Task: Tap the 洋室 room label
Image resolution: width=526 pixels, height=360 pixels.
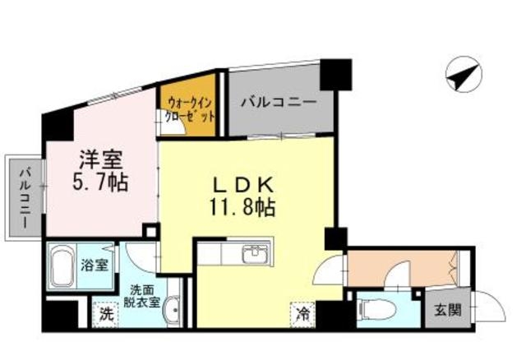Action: [x=97, y=159]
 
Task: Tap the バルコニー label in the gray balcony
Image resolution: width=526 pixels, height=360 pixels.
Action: [x=278, y=104]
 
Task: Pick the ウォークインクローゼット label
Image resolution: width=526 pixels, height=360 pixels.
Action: [x=190, y=109]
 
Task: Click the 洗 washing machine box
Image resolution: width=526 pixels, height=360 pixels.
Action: [x=104, y=313]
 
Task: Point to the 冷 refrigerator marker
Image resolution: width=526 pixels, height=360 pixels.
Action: [x=302, y=312]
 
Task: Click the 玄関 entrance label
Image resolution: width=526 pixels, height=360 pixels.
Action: [x=448, y=310]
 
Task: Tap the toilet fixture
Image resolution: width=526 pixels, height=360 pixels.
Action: [x=373, y=310]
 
